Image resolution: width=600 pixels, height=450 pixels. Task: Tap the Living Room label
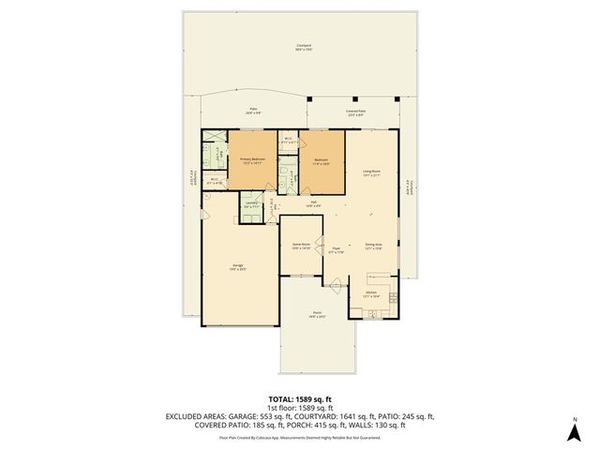tap(370, 172)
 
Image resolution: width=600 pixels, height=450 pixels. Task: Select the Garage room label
tap(239, 265)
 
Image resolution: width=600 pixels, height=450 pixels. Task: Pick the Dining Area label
tap(373, 246)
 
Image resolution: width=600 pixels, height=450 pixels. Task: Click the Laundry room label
tap(250, 203)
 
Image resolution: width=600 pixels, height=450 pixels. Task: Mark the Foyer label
tap(336, 250)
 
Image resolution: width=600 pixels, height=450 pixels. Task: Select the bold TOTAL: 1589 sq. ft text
tap(299, 399)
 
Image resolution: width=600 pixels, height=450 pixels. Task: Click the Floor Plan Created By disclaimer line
tap(299, 437)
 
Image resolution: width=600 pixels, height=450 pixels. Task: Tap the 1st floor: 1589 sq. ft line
tap(299, 408)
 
